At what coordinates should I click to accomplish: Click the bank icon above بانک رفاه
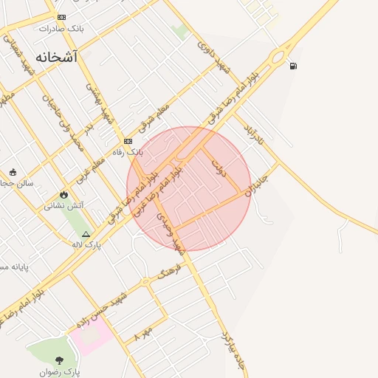pyautogui.click(x=128, y=140)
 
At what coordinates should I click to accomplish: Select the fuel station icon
pyautogui.click(x=294, y=66)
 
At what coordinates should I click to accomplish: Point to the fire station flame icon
pyautogui.click(x=64, y=194)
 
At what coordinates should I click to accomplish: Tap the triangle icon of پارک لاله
pyautogui.click(x=86, y=233)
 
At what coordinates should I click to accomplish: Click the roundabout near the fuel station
pyautogui.click(x=280, y=55)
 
